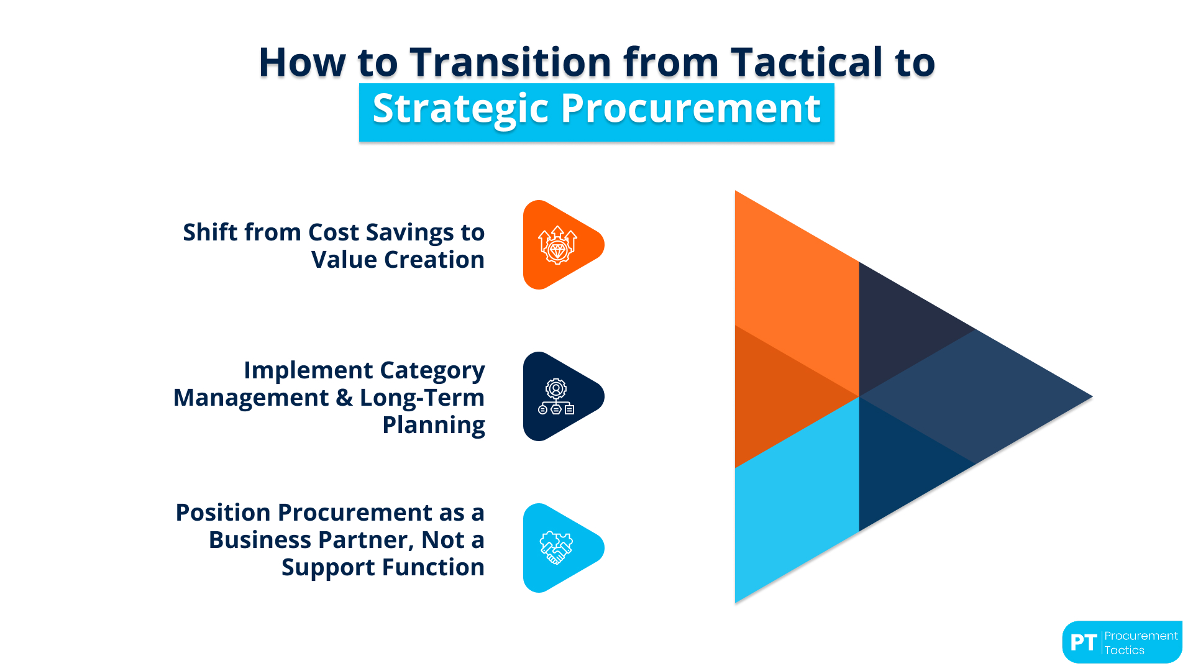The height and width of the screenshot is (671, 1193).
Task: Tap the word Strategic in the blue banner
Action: [x=460, y=109]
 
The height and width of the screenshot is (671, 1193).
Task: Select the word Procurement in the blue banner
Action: [x=690, y=109]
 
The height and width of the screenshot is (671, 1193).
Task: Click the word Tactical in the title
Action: [x=807, y=62]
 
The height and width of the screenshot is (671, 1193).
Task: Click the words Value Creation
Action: [x=398, y=260]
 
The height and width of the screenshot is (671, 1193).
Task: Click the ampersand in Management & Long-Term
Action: [x=344, y=398]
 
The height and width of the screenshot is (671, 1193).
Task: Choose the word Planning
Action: [x=433, y=425]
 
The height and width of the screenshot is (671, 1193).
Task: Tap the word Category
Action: [x=432, y=370]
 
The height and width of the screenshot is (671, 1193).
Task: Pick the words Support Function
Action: [x=382, y=567]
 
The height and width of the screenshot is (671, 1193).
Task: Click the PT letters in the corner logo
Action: [x=1083, y=642]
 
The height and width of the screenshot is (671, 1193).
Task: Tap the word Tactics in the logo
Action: [x=1124, y=650]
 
